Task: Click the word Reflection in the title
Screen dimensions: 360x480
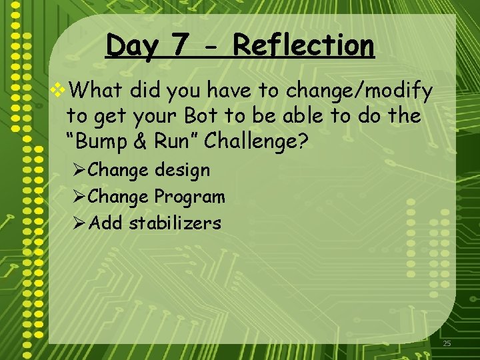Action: coord(304,46)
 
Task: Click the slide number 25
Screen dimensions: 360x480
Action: coord(447,343)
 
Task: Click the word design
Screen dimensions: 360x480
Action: coord(182,171)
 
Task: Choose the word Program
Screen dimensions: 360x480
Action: coord(190,197)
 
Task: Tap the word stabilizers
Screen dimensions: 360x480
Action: coord(175,223)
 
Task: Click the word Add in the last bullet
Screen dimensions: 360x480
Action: coord(105,223)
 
